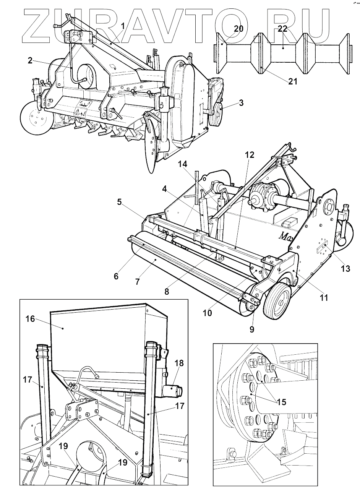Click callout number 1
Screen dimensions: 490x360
click(123, 26)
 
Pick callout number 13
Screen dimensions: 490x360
click(345, 269)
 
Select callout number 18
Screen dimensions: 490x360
click(179, 363)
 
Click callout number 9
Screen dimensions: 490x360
click(252, 328)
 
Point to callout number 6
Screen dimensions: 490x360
click(116, 276)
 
